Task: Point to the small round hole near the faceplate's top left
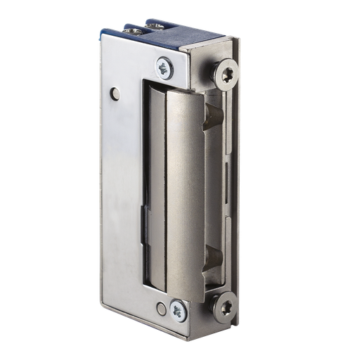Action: coord(115,92)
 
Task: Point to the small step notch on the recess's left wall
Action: coord(146,212)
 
